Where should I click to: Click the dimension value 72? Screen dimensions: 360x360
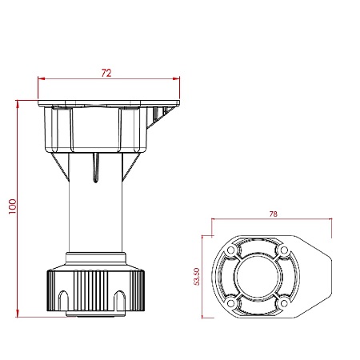pyautogui.click(x=106, y=73)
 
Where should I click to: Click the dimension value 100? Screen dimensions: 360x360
pyautogui.click(x=13, y=206)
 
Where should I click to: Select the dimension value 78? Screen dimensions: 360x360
pyautogui.click(x=274, y=214)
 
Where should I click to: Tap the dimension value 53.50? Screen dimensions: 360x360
pyautogui.click(x=197, y=277)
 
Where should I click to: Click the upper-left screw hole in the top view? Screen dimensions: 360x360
pyautogui.click(x=230, y=250)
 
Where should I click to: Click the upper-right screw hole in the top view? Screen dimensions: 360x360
pyautogui.click(x=285, y=250)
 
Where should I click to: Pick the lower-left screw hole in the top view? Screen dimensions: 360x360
pyautogui.click(x=230, y=303)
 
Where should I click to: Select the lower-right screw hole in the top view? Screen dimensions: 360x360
pyautogui.click(x=285, y=303)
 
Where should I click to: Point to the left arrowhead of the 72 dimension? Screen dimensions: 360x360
pyautogui.click(x=42, y=78)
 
